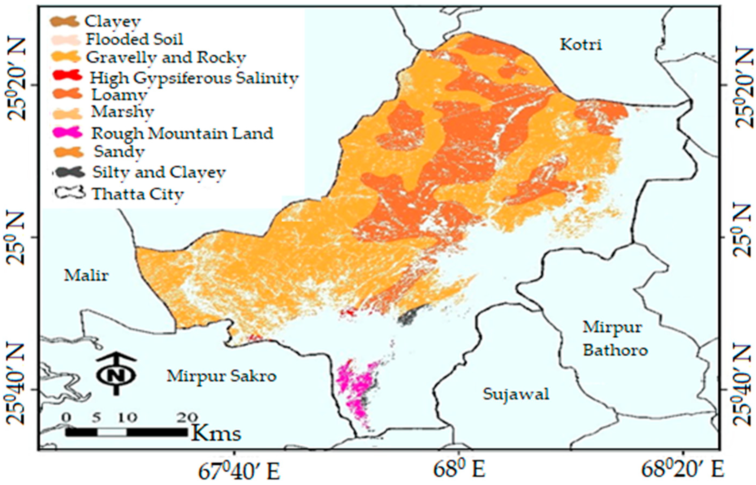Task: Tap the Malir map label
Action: pos(86,276)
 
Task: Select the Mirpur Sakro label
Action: pos(221,376)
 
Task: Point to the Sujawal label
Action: pos(516,394)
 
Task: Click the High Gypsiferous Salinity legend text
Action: pos(194,78)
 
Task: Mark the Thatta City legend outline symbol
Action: pos(69,193)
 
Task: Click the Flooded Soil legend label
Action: pos(134,39)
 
